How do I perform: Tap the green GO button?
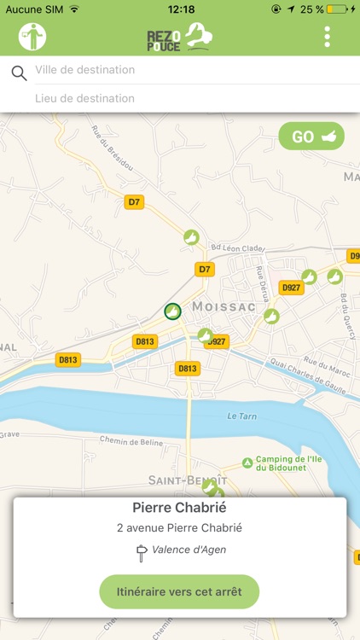point(311,137)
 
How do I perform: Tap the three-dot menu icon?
point(328,37)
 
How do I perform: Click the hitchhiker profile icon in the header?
point(32,37)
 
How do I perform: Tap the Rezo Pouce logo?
point(179,37)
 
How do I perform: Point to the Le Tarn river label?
point(242,416)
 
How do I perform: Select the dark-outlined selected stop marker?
point(172,311)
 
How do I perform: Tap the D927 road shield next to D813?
point(217,342)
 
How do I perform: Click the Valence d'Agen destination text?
point(189,550)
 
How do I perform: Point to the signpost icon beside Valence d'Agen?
point(142,552)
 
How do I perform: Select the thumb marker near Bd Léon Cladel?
point(191,236)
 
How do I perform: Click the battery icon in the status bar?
point(339,9)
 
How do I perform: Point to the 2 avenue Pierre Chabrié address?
point(179,528)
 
